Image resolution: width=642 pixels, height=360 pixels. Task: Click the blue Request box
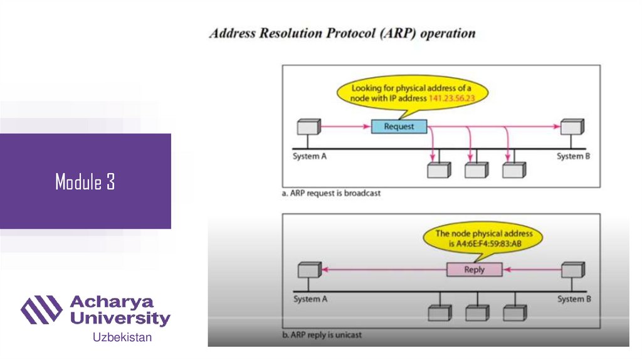(399, 127)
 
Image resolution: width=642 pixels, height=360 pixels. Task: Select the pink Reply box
(475, 270)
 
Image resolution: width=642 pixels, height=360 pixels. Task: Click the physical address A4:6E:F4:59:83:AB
(487, 244)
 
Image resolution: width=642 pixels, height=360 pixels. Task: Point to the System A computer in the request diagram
(308, 127)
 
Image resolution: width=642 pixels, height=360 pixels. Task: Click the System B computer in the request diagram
(572, 127)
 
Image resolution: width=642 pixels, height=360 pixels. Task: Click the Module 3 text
(85, 182)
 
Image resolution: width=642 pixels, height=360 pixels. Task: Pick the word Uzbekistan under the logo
(122, 338)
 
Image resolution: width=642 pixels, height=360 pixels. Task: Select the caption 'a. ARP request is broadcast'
(331, 193)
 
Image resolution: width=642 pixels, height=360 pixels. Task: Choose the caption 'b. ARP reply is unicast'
(322, 335)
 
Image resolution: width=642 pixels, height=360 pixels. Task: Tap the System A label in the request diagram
(310, 156)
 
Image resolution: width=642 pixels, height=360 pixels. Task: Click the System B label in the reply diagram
(574, 299)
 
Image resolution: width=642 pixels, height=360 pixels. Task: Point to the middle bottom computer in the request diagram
(476, 170)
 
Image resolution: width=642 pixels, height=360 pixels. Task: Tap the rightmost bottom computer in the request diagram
(514, 170)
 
